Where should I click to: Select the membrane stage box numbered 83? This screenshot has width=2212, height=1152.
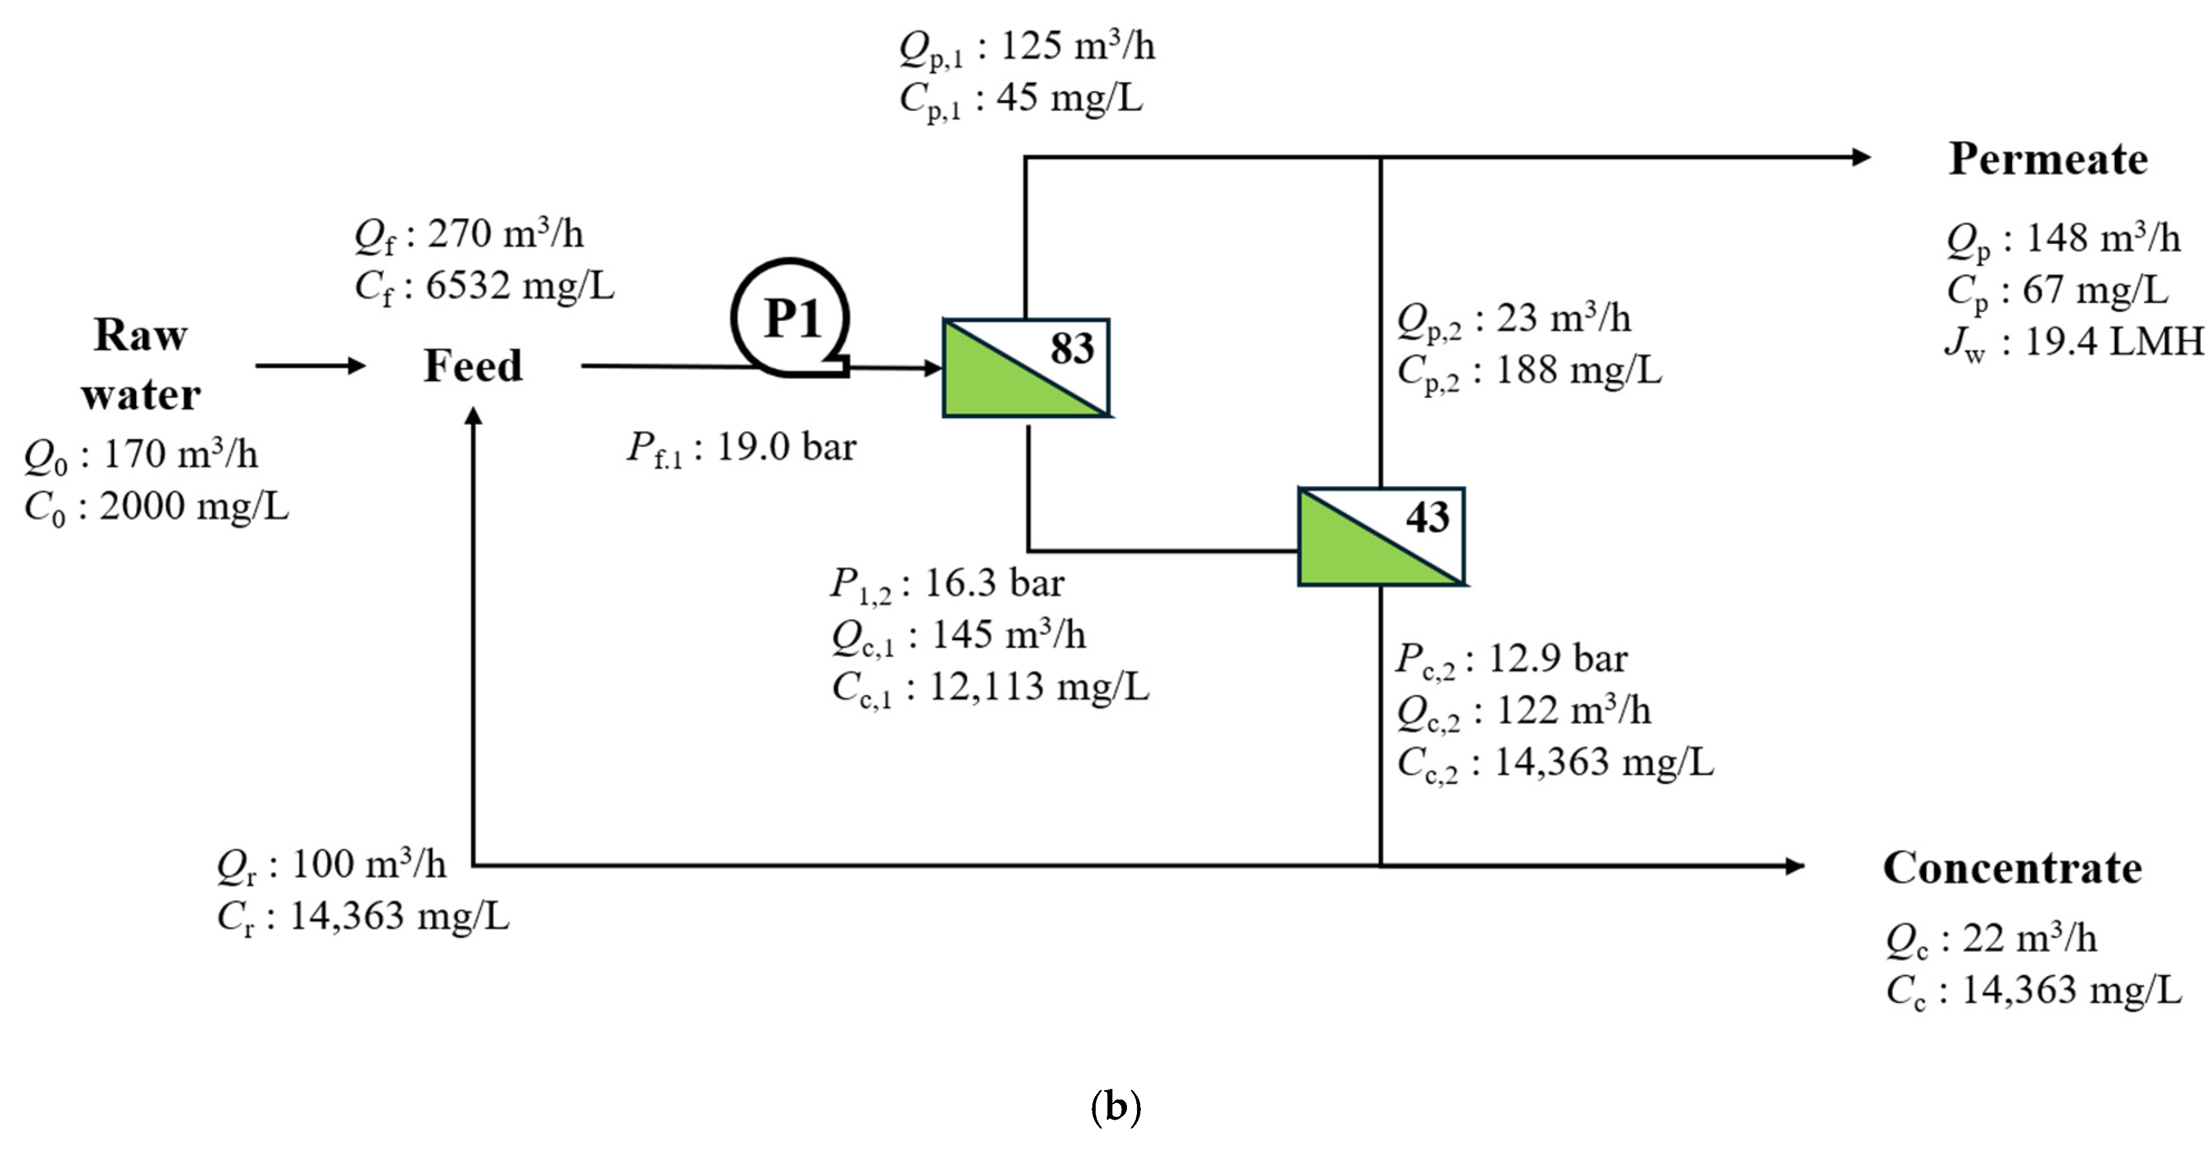[1026, 367]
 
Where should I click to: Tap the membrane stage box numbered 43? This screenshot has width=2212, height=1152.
[1381, 536]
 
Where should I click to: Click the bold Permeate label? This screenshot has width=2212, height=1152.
[2048, 160]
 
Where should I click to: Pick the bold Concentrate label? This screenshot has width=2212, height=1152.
[2012, 868]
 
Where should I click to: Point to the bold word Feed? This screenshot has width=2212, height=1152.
[473, 366]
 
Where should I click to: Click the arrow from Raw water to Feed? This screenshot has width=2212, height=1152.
[311, 366]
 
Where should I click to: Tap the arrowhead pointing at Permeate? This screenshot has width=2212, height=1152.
[1861, 157]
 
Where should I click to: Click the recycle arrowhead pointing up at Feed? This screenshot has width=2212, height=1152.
[473, 416]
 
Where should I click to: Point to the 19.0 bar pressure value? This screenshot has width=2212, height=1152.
[786, 447]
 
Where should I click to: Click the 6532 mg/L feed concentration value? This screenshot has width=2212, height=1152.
[520, 286]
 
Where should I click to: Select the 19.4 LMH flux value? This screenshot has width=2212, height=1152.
[2114, 342]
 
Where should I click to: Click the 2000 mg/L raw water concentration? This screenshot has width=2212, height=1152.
[194, 506]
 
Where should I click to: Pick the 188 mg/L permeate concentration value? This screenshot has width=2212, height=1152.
[1578, 371]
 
